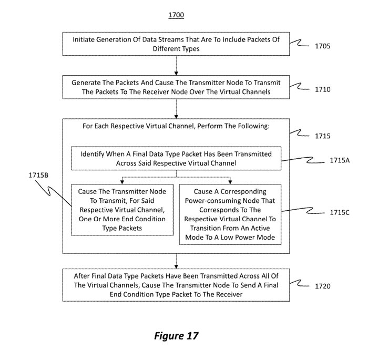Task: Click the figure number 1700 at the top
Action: click(x=176, y=15)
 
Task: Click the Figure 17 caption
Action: click(x=176, y=336)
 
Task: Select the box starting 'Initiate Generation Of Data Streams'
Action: click(x=176, y=44)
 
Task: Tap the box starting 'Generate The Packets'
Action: click(x=176, y=87)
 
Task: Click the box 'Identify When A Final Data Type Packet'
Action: click(x=176, y=159)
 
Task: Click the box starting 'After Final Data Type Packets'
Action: click(x=176, y=284)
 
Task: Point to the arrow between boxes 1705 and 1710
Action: click(x=176, y=66)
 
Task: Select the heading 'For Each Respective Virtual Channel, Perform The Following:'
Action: click(x=176, y=127)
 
